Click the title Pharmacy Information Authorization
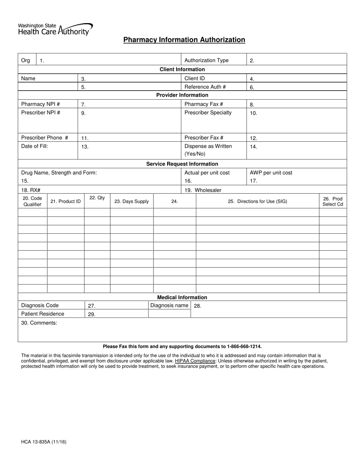click(x=184, y=40)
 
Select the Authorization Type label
click(x=206, y=60)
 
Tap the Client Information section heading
click(x=182, y=69)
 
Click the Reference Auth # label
click(x=205, y=87)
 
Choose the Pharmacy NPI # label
click(x=41, y=104)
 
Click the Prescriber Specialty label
click(x=208, y=113)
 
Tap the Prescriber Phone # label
click(x=45, y=138)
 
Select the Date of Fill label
click(x=34, y=146)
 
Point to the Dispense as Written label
click(x=208, y=146)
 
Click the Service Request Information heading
click(x=182, y=164)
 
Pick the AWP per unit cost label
click(x=271, y=173)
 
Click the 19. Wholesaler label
click(x=203, y=190)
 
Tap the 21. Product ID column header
click(x=66, y=202)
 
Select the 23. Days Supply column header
click(x=131, y=202)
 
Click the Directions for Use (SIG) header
click(x=257, y=202)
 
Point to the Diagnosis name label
click(x=169, y=305)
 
